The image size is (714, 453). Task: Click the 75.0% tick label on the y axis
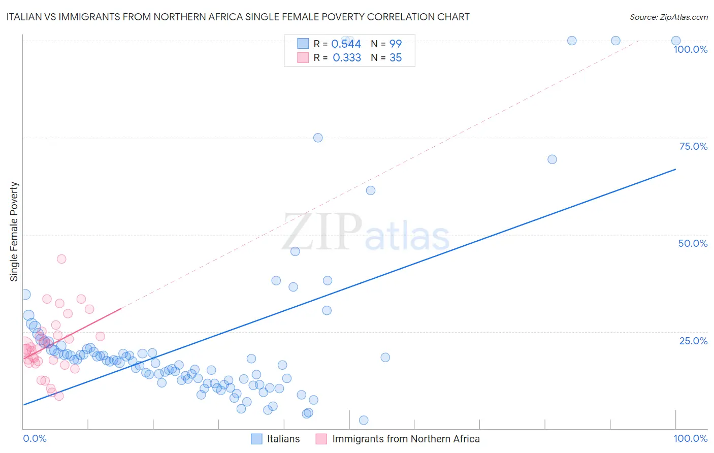click(x=693, y=146)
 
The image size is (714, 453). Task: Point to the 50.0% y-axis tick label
click(x=693, y=243)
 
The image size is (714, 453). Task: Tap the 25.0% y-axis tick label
click(x=693, y=341)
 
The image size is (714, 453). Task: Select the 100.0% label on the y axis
click(x=690, y=49)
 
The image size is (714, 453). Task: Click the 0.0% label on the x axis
click(x=35, y=438)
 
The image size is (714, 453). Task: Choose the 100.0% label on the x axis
click(x=690, y=438)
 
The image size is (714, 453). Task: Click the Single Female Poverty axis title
click(x=14, y=232)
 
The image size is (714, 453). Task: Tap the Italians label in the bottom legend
click(x=283, y=439)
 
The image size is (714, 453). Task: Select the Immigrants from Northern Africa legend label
click(x=406, y=439)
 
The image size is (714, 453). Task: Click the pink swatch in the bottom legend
click(x=321, y=439)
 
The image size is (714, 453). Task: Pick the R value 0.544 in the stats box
click(x=346, y=44)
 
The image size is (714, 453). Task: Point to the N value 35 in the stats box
click(x=396, y=58)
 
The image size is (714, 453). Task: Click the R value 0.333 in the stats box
click(x=347, y=58)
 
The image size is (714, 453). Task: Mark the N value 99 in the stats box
click(x=396, y=44)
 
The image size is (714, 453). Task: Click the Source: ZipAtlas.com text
click(x=668, y=17)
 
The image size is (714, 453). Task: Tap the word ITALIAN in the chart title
click(x=24, y=17)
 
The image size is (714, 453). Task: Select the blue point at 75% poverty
click(x=318, y=138)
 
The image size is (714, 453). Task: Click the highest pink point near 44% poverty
click(x=61, y=259)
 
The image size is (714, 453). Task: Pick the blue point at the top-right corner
click(x=676, y=41)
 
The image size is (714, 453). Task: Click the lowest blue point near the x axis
click(x=364, y=420)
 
